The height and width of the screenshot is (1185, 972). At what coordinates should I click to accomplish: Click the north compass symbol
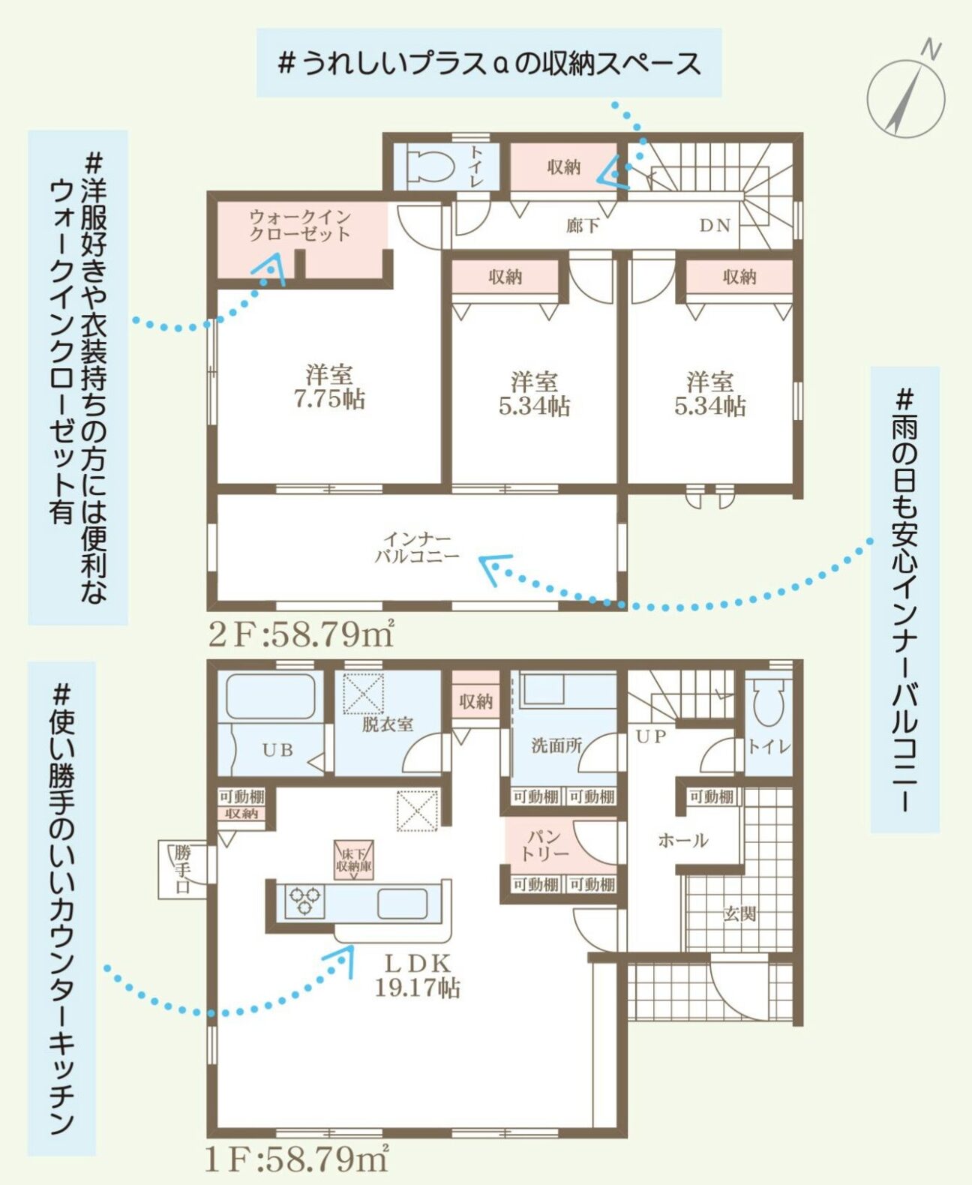click(x=906, y=95)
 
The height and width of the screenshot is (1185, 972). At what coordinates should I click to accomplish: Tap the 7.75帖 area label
click(x=329, y=400)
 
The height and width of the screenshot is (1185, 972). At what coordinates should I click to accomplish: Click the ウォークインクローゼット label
click(x=300, y=225)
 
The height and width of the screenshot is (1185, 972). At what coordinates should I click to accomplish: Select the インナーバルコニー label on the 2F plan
click(x=417, y=547)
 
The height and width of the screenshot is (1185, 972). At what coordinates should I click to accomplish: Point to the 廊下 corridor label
click(x=583, y=226)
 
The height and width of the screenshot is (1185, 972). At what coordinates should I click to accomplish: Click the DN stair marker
click(x=715, y=226)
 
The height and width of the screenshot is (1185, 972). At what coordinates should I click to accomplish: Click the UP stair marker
click(x=651, y=736)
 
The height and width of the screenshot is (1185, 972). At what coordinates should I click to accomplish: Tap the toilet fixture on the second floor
click(x=431, y=166)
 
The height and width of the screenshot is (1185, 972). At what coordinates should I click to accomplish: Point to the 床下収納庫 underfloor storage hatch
click(x=353, y=859)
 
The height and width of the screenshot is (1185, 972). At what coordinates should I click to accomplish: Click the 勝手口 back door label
click(x=182, y=869)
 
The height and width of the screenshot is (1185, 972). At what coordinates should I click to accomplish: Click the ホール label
click(x=682, y=841)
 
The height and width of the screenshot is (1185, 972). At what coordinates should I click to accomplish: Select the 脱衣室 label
click(x=388, y=724)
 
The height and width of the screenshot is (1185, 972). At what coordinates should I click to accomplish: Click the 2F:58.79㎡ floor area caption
click(x=301, y=636)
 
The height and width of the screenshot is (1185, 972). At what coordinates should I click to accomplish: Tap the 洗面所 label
click(x=556, y=745)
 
